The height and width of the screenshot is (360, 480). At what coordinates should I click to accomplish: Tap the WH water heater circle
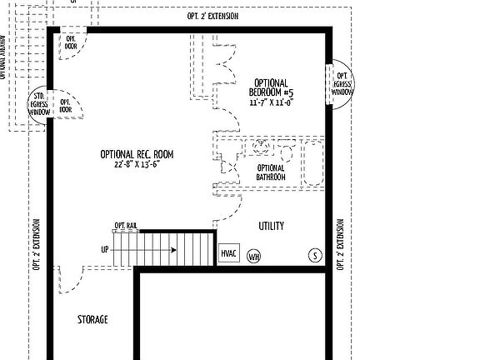253,257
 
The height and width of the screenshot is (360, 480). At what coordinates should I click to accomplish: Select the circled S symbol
315,254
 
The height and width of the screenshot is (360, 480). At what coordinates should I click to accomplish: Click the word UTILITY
271,226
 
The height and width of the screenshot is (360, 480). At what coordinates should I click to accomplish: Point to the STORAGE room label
92,320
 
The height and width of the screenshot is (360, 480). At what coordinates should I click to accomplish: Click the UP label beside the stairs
105,249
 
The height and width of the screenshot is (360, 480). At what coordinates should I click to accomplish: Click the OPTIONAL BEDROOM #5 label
269,87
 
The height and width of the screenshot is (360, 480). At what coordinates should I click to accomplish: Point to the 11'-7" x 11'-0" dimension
269,102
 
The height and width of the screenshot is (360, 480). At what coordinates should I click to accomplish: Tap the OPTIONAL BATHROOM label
271,172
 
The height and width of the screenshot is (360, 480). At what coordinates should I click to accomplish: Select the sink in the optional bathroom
263,147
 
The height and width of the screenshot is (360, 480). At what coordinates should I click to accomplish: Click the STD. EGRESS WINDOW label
38,103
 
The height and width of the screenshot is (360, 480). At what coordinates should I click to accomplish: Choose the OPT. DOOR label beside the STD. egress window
65,106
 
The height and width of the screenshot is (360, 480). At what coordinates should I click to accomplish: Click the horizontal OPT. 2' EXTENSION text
212,17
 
